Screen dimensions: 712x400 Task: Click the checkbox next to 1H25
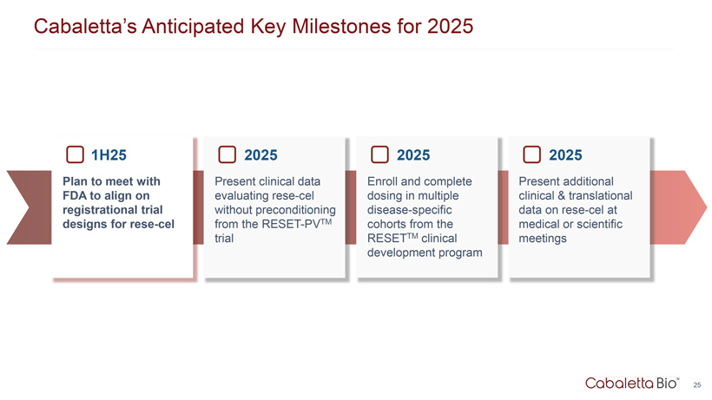(75, 154)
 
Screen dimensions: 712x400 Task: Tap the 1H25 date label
(109, 155)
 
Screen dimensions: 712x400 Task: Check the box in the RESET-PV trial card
(227, 154)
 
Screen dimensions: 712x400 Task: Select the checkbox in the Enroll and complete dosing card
(379, 154)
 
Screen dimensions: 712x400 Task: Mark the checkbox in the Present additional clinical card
(531, 154)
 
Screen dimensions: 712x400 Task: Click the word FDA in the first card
(75, 195)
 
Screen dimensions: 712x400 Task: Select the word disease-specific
(410, 210)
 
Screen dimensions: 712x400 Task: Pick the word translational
(600, 195)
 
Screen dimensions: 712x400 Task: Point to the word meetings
(543, 239)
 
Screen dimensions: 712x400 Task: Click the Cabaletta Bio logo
(632, 384)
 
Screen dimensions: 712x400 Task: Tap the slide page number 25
(697, 385)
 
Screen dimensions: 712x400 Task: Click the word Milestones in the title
(342, 26)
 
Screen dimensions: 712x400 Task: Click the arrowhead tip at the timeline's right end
(707, 207)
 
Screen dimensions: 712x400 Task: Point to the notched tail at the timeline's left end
(29, 207)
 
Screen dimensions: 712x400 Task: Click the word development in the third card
(401, 252)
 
